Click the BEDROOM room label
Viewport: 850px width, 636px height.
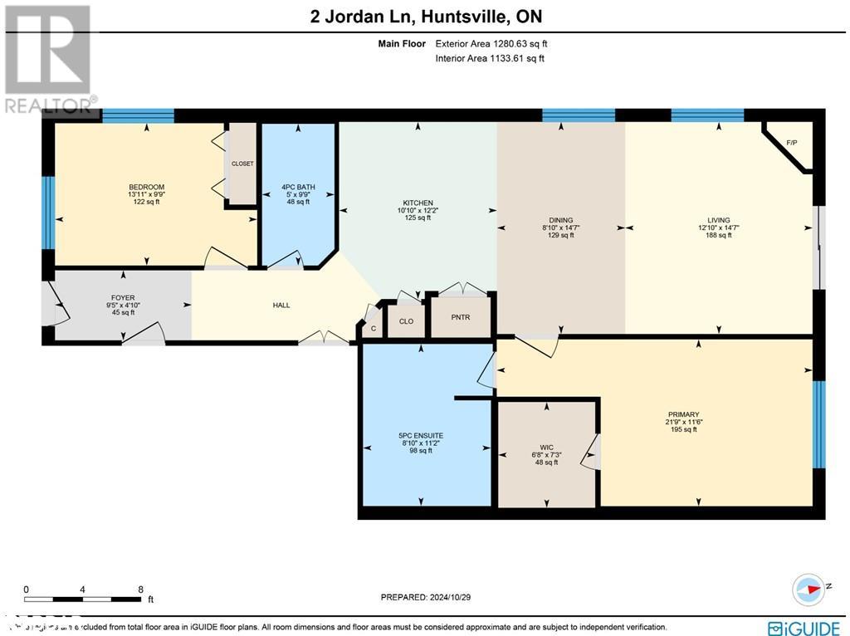tap(146, 187)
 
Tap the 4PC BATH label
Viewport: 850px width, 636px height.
tap(298, 187)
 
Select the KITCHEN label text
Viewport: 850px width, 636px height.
tap(418, 203)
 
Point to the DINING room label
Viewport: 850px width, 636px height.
tap(561, 221)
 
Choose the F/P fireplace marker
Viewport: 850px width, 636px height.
tap(791, 143)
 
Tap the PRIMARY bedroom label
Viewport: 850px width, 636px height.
tap(683, 414)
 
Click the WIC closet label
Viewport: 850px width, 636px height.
tap(545, 447)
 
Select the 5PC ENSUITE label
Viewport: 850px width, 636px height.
tap(421, 435)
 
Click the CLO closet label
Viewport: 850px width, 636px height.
tap(406, 320)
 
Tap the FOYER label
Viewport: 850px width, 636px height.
tap(123, 298)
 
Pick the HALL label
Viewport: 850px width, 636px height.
tap(281, 306)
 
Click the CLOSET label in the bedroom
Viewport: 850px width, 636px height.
tap(242, 164)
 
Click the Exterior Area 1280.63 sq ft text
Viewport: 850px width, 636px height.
tap(490, 43)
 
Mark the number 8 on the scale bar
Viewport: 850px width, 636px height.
tap(139, 590)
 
